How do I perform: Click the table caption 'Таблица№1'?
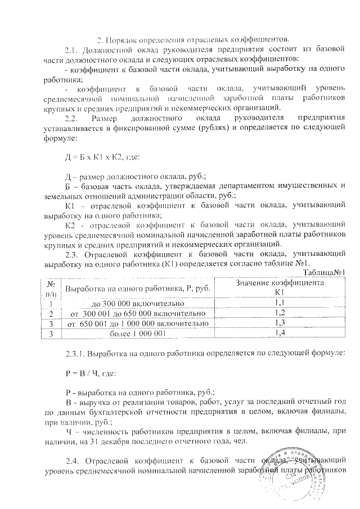[x=324, y=272]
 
